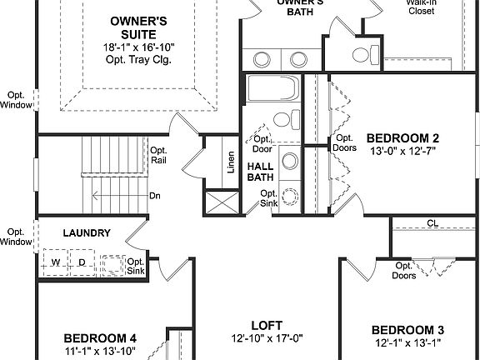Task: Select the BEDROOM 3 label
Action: [x=407, y=329]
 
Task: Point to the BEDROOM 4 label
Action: [x=100, y=338]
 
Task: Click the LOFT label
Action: [x=267, y=325]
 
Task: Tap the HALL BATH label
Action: [x=262, y=172]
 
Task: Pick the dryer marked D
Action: [x=82, y=262]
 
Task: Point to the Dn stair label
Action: [x=154, y=197]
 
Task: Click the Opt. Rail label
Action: [x=159, y=156]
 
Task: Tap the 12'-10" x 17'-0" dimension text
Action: [x=267, y=338]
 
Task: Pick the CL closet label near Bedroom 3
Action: [x=432, y=223]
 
